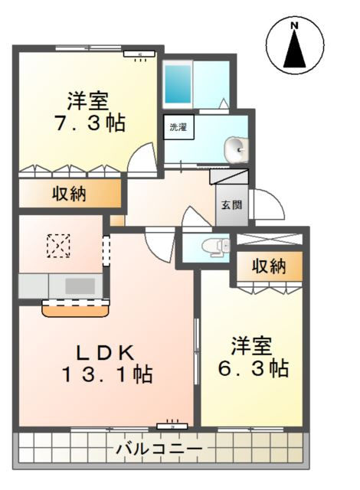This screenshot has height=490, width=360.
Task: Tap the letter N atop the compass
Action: pos(294,27)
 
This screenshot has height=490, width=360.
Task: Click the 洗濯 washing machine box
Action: pos(177,127)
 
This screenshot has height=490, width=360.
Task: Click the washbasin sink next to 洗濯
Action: pos(237,149)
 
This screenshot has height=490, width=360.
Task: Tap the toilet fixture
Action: pos(214,247)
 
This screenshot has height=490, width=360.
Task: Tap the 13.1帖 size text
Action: pos(107,375)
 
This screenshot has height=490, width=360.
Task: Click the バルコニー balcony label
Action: pos(159,448)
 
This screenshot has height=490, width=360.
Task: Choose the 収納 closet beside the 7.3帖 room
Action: pos(69,194)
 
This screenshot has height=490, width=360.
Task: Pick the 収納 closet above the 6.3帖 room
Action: pos(269,266)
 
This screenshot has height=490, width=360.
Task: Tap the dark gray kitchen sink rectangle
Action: pos(79,286)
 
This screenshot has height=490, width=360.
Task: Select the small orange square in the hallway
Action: pos(116,220)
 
